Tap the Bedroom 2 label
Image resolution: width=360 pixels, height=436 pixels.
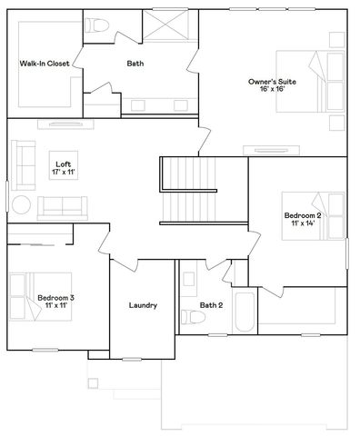pos(301,215)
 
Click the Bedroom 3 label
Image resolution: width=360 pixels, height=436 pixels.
pos(56,297)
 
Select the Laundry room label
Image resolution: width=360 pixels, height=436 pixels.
pos(143,305)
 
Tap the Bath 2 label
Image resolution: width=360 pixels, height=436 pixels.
pos(212,305)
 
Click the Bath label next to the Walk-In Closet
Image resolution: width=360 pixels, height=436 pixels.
pos(135,64)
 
